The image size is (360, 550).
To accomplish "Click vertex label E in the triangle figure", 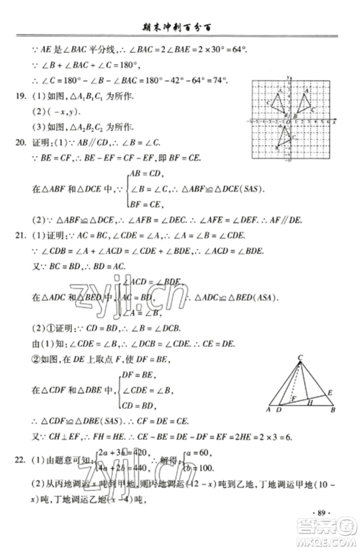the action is click(x=328, y=392).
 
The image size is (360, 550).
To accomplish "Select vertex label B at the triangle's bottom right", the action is click(x=333, y=411).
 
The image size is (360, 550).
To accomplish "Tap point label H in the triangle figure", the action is click(x=310, y=405).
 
